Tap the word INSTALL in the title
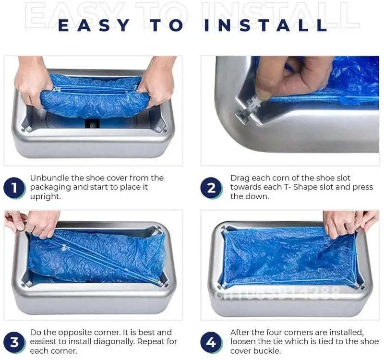[265, 25]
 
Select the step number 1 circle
[14, 188]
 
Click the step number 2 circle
[211, 188]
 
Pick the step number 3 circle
[14, 342]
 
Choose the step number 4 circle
[211, 342]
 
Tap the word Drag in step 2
[240, 178]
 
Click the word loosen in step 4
[245, 342]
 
